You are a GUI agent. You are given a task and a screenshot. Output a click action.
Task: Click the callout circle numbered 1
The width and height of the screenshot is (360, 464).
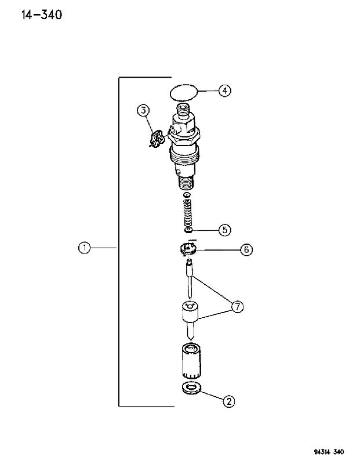click(84, 248)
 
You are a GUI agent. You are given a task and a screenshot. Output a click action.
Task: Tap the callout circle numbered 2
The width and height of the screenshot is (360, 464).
click(228, 401)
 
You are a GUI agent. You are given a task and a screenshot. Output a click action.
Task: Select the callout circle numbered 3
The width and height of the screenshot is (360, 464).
click(143, 110)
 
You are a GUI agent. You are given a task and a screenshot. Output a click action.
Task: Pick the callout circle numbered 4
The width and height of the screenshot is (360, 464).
click(225, 90)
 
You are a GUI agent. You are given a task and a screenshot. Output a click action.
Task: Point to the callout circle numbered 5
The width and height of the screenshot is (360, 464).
click(225, 230)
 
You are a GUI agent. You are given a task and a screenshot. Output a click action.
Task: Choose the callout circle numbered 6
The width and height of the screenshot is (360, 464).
click(246, 250)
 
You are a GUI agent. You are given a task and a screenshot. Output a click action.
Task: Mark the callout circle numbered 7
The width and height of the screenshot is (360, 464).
click(238, 307)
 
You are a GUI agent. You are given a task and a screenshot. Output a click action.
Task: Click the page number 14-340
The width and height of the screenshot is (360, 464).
click(42, 14)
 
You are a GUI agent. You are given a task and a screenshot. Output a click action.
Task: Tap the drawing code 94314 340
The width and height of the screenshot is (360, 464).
click(329, 452)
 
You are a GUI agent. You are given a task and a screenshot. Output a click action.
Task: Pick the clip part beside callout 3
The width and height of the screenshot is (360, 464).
click(156, 139)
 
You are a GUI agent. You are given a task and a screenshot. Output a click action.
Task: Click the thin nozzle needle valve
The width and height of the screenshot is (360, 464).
click(190, 278)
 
